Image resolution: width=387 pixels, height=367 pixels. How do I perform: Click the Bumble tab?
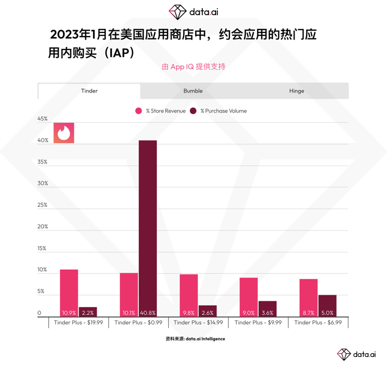tap(193, 91)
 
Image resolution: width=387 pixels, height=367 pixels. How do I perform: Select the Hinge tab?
tap(296, 91)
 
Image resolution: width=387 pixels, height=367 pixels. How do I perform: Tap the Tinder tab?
tap(89, 91)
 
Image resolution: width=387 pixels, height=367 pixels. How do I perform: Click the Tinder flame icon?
tap(64, 133)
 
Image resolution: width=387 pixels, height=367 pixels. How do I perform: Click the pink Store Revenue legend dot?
tap(138, 111)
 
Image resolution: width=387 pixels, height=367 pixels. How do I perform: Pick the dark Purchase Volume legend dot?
tap(193, 111)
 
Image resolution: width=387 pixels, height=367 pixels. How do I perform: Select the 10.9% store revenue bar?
tap(69, 293)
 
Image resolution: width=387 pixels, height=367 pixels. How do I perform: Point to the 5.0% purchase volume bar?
tap(327, 306)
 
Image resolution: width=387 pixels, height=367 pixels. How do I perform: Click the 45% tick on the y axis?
tap(43, 119)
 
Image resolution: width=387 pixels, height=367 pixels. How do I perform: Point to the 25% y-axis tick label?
tap(43, 205)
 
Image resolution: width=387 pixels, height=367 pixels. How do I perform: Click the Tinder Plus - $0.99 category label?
tap(138, 322)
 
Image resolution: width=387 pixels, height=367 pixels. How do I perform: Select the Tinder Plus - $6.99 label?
tap(318, 322)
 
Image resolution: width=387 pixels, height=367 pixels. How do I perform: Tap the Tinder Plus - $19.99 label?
tap(78, 322)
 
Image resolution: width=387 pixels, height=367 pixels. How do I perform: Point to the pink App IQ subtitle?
tap(193, 67)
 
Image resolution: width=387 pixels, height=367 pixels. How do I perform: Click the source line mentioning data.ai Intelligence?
tap(195, 339)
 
